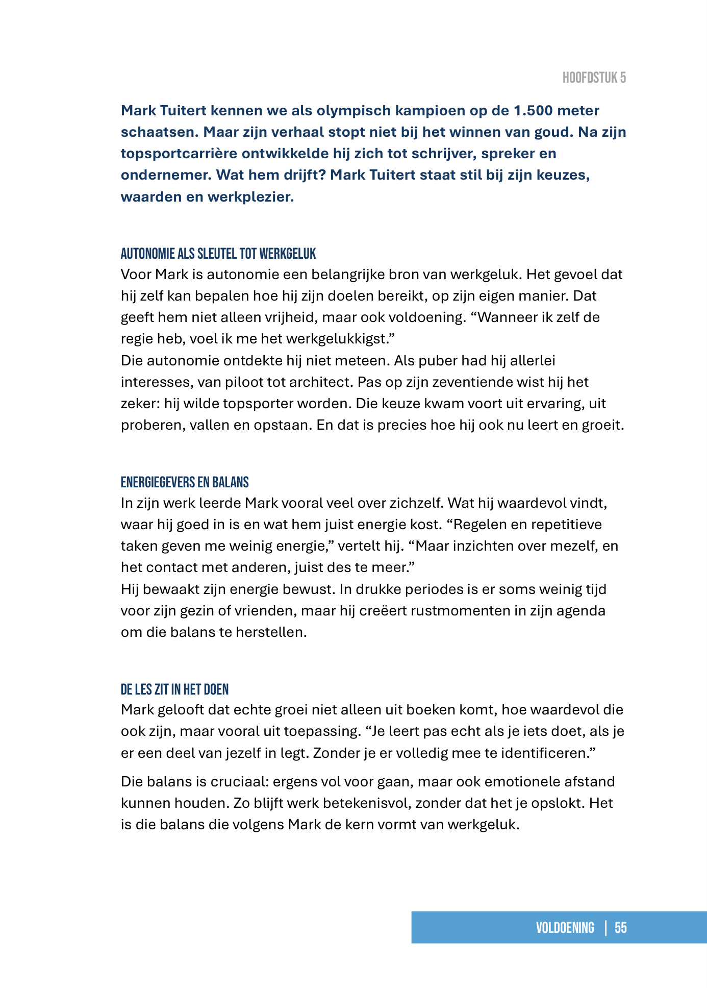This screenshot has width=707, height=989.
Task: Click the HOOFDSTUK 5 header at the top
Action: [594, 78]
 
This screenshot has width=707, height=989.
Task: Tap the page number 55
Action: [620, 927]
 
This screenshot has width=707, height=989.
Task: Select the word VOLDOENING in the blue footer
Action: [565, 927]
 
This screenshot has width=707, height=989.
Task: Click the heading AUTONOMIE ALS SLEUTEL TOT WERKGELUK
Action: [218, 253]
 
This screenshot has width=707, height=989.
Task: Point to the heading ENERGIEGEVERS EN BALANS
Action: [185, 482]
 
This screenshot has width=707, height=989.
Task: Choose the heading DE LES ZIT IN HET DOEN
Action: [174, 689]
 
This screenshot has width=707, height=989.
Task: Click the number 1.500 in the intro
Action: [533, 110]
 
